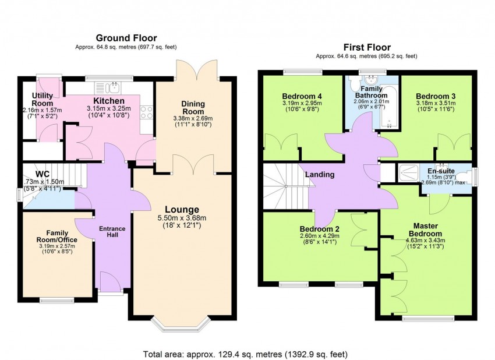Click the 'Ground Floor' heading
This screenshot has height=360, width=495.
pyautogui.click(x=126, y=38)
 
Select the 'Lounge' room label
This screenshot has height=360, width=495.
pyautogui.click(x=181, y=209)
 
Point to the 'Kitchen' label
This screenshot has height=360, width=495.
pyautogui.click(x=109, y=101)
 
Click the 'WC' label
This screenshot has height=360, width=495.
pyautogui.click(x=43, y=174)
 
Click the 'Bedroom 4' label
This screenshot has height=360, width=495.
pyautogui.click(x=302, y=96)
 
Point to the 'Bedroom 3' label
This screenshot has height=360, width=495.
pyautogui.click(x=436, y=96)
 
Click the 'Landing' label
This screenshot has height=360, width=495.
pyautogui.click(x=320, y=174)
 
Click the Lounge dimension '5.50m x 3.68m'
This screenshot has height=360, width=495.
pyautogui.click(x=181, y=219)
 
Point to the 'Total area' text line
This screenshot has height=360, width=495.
pyautogui.click(x=246, y=354)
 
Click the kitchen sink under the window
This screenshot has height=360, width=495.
pyautogui.click(x=114, y=88)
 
